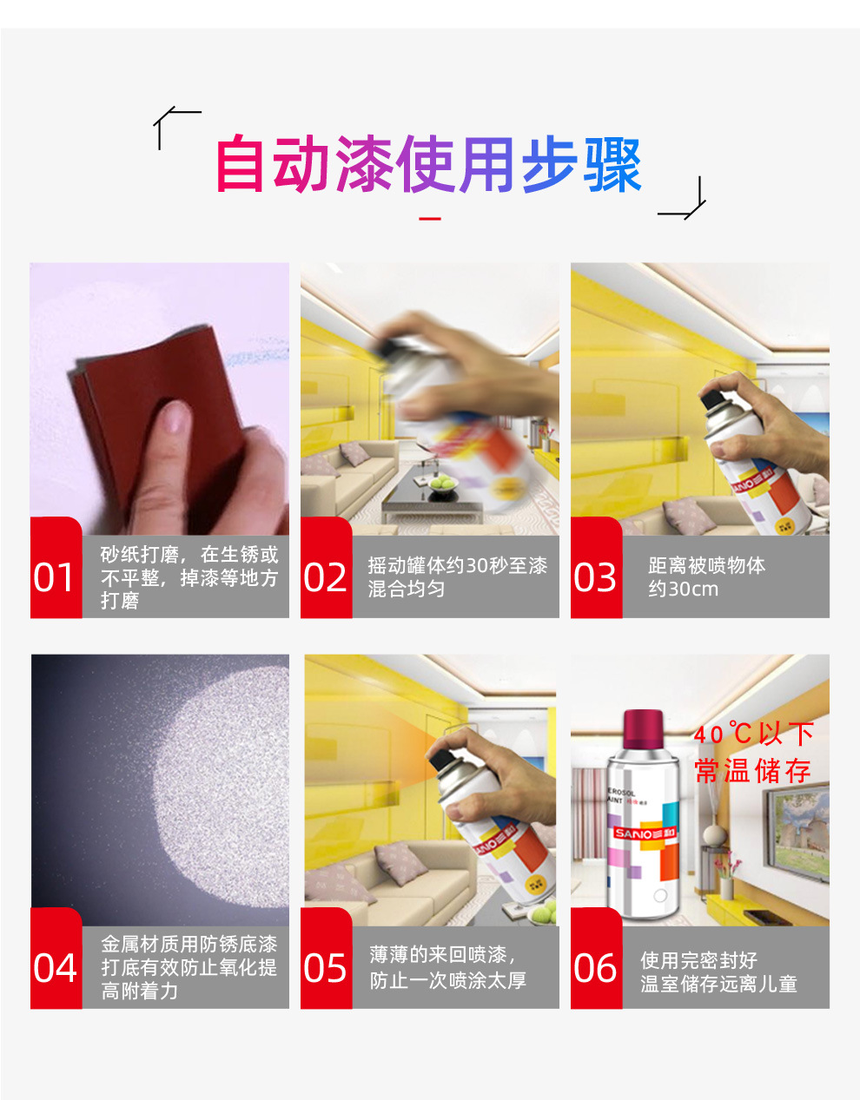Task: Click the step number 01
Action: click(x=53, y=577)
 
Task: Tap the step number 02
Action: click(x=325, y=577)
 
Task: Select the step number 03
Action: click(x=594, y=577)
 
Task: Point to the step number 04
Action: click(x=55, y=967)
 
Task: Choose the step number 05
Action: click(x=325, y=967)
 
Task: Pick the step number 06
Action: click(x=594, y=967)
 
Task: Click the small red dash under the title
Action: click(x=430, y=219)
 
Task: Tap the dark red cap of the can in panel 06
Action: click(x=643, y=728)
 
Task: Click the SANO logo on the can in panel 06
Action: click(x=645, y=833)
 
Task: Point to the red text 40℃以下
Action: click(x=754, y=734)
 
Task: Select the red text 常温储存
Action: click(x=753, y=771)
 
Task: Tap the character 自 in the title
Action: click(x=240, y=164)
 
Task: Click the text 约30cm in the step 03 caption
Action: click(x=684, y=589)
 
